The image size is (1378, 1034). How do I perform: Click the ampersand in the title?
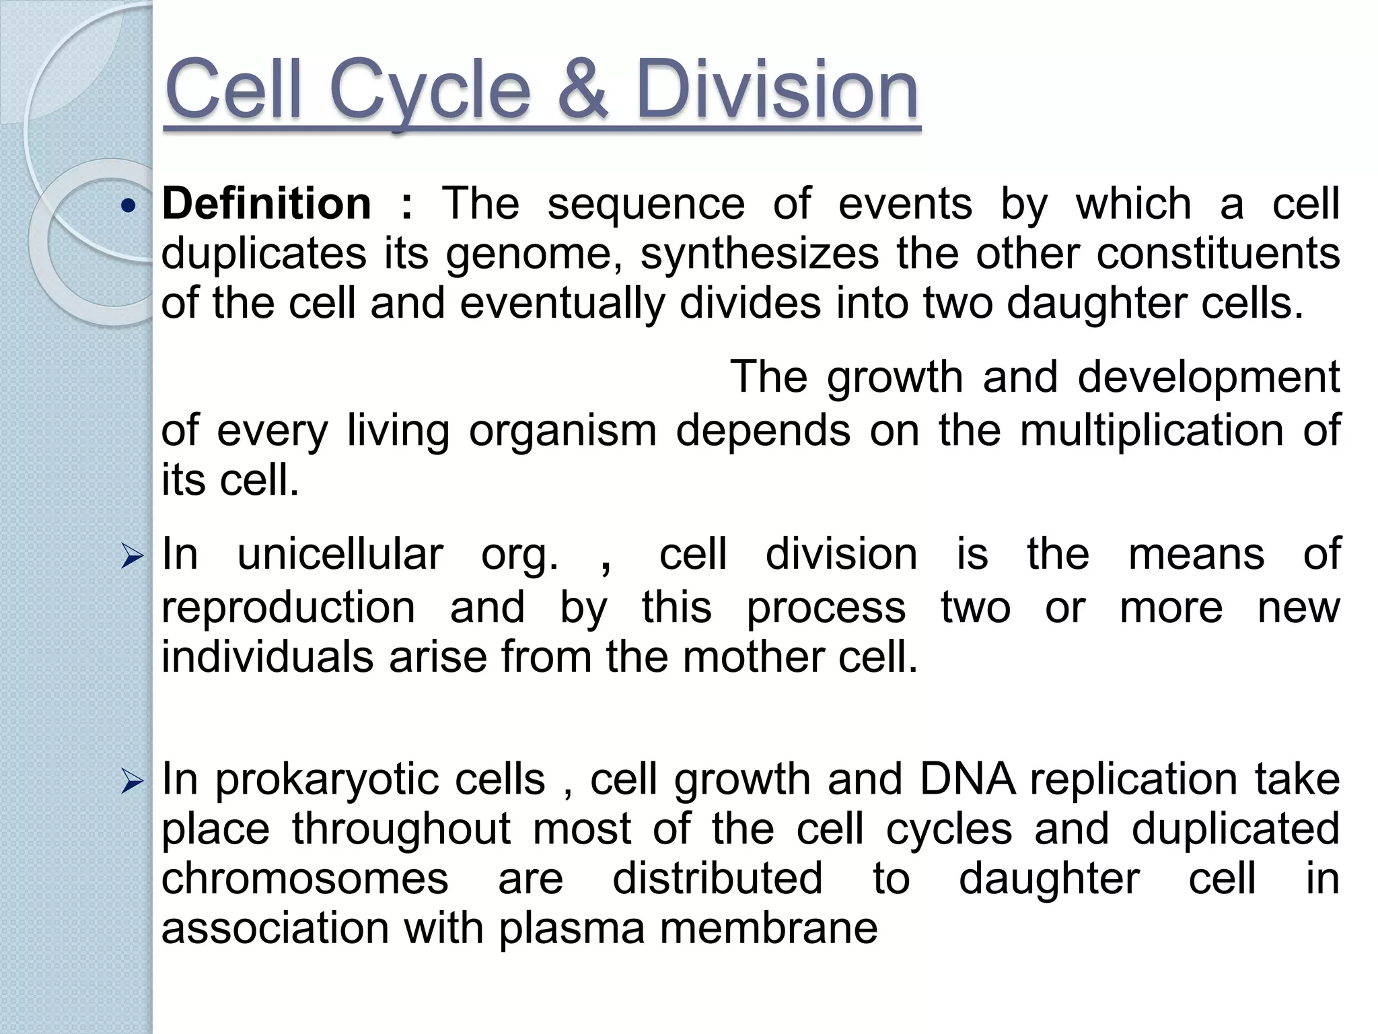(583, 90)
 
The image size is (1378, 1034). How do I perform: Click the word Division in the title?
(776, 90)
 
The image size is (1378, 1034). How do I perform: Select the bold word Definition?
(266, 204)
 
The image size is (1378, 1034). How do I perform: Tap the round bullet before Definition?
(128, 207)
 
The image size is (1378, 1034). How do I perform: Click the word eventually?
(562, 303)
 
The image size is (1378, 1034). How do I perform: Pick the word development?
(1208, 377)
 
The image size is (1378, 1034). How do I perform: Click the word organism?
(563, 431)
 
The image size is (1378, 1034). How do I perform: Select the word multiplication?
(1151, 431)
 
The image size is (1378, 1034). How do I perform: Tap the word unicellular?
(340, 555)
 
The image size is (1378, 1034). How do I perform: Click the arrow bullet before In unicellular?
(132, 557)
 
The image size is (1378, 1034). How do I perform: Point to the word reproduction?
(289, 608)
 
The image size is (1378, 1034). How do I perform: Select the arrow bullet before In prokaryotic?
(132, 783)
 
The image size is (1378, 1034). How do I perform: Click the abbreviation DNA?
(968, 780)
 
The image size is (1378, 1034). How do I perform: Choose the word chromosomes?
(305, 878)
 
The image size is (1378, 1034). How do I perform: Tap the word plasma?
(572, 929)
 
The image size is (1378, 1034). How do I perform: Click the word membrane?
(768, 929)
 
